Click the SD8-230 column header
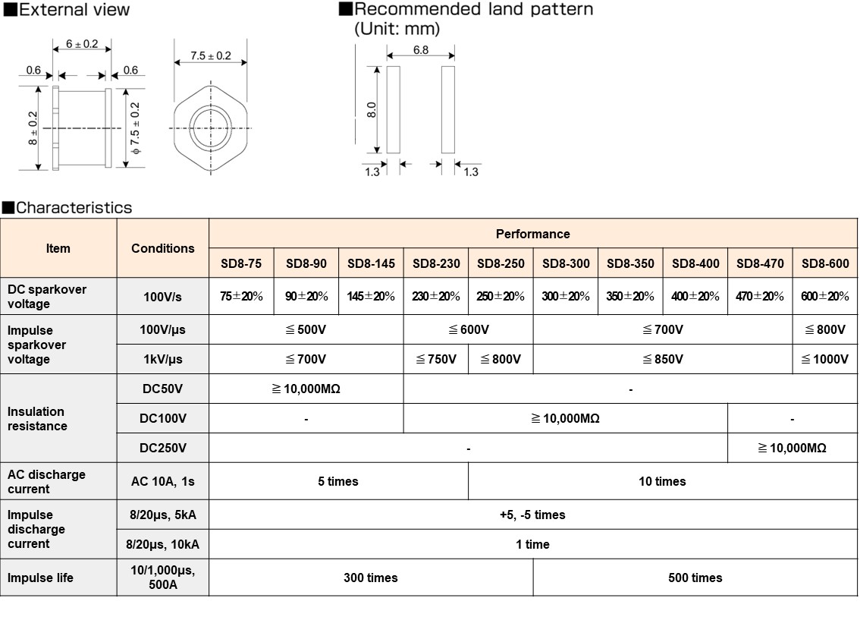436,263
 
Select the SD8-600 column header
825,263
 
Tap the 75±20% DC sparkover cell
241,296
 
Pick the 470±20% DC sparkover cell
760,296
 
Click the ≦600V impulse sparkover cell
468,329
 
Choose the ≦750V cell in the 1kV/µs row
436,359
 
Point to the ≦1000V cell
825,359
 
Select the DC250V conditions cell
163,448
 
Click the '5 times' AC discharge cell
338,481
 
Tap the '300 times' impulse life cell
370,578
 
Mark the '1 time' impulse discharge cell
532,544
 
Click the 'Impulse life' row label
40,578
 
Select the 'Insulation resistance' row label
37,418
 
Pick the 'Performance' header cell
532,234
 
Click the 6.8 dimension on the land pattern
421,50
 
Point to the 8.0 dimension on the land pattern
372,109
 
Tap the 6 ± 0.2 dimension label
81,44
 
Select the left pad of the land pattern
393,109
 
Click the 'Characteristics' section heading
73,208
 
